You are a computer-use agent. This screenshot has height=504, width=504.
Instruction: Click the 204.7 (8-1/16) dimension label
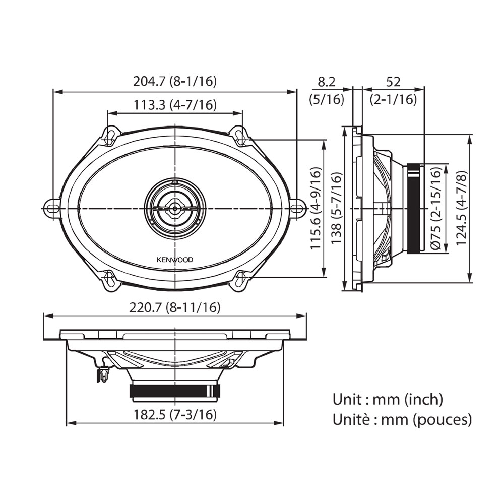(x=175, y=81)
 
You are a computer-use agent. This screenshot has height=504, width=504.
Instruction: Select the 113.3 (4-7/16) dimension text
(x=175, y=105)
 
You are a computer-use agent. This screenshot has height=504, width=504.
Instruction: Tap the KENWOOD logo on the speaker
(x=175, y=260)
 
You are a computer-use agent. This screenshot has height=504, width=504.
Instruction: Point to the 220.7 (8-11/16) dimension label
(x=175, y=307)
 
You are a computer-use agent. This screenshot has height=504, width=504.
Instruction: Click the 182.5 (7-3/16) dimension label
(x=175, y=415)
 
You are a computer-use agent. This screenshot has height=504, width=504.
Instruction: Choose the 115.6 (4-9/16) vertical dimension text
(x=316, y=208)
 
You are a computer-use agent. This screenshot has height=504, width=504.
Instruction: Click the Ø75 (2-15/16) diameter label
(x=436, y=208)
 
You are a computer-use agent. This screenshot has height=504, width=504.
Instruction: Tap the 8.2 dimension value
(x=326, y=82)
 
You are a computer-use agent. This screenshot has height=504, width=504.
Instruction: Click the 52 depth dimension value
(x=393, y=82)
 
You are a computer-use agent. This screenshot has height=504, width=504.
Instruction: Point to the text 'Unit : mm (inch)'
(x=388, y=400)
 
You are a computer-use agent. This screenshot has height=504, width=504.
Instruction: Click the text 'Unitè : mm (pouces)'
(x=402, y=419)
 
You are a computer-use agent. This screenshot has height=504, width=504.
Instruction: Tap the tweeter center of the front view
(x=175, y=208)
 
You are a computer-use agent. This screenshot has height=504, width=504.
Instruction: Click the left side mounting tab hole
(x=50, y=208)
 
